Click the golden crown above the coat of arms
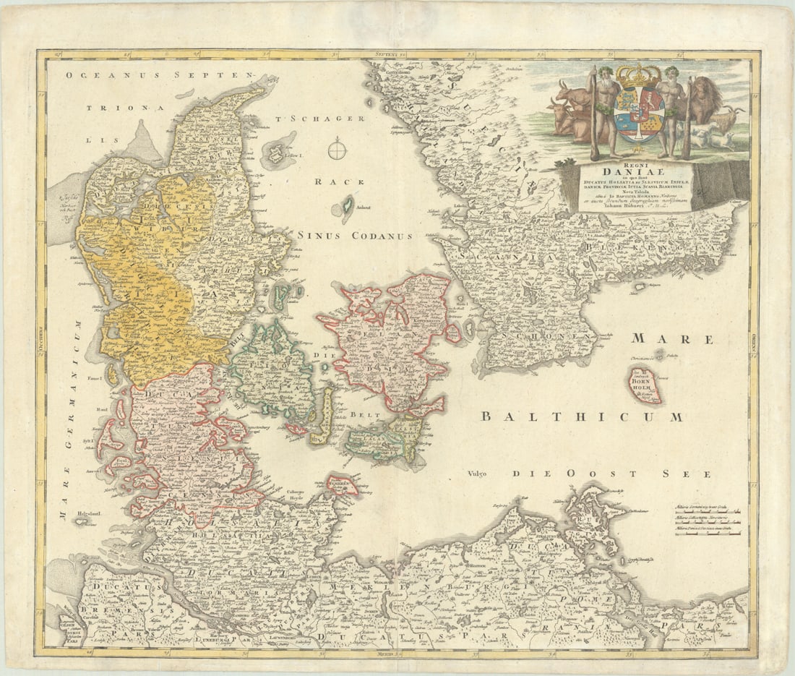click(638, 76)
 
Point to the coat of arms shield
click(638, 114)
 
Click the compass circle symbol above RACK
click(337, 150)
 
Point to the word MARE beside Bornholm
click(672, 339)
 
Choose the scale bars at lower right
click(708, 522)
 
